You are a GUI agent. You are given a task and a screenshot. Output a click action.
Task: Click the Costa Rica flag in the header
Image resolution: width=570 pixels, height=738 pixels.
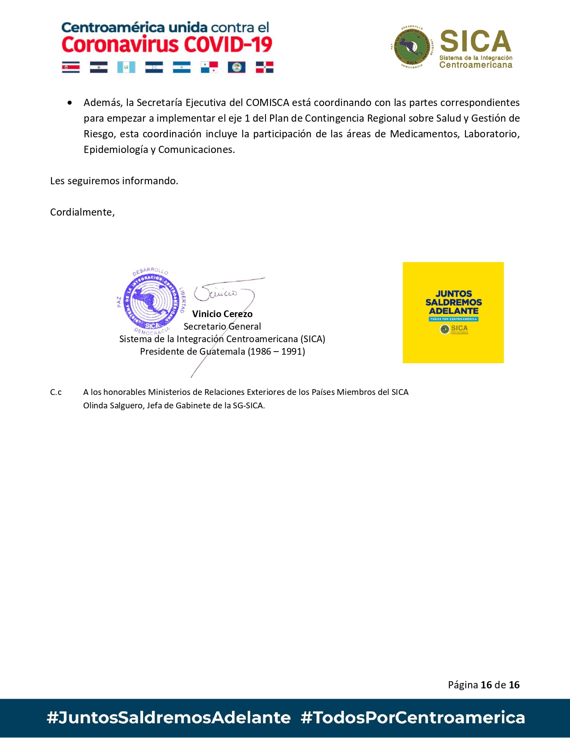71,67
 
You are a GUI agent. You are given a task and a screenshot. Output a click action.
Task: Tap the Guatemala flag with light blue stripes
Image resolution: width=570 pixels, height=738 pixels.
126,67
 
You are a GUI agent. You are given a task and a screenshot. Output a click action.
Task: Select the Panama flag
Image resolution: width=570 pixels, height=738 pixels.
209,67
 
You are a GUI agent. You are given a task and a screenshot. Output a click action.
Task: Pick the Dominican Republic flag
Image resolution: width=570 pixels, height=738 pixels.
264,67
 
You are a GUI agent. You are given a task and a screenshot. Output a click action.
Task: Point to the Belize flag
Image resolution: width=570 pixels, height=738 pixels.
236,67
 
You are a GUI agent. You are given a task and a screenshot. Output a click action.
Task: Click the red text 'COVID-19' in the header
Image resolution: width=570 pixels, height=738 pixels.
228,45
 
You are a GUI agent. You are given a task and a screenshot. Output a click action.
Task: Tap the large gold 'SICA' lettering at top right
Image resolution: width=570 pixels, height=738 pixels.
475,42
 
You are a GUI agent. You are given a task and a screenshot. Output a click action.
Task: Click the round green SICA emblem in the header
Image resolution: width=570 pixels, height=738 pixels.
411,47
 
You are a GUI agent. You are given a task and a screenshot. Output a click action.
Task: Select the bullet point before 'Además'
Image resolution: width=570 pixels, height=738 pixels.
70,103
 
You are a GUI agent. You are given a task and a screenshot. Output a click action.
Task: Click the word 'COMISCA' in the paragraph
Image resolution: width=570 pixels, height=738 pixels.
267,102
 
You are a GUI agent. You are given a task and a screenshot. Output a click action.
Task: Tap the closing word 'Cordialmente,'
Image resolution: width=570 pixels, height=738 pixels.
82,212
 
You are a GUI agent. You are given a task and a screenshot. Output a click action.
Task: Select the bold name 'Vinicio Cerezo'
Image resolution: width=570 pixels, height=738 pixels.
222,314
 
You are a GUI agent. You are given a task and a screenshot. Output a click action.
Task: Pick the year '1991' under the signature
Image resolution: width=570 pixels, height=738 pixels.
293,352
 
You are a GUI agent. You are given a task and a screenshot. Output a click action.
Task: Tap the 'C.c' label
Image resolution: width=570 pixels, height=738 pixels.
56,392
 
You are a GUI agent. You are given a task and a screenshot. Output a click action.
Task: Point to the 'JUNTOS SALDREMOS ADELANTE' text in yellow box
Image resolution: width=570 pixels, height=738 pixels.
453,302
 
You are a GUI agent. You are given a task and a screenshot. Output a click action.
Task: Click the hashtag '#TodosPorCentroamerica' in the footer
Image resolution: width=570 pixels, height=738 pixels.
413,717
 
